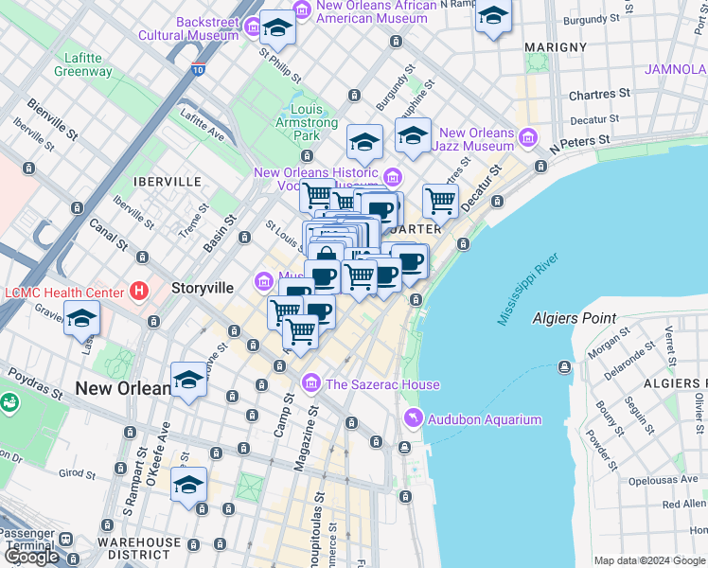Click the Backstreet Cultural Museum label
[x=188, y=28]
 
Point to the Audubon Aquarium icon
[x=414, y=418]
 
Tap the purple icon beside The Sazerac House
[x=310, y=383]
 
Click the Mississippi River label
[x=529, y=289]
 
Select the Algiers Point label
[x=574, y=319]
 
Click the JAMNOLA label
[x=676, y=69]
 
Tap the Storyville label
[x=203, y=288]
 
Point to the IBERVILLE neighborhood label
[x=168, y=181]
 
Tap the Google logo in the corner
[x=31, y=557]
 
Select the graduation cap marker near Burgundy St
[x=493, y=16]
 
